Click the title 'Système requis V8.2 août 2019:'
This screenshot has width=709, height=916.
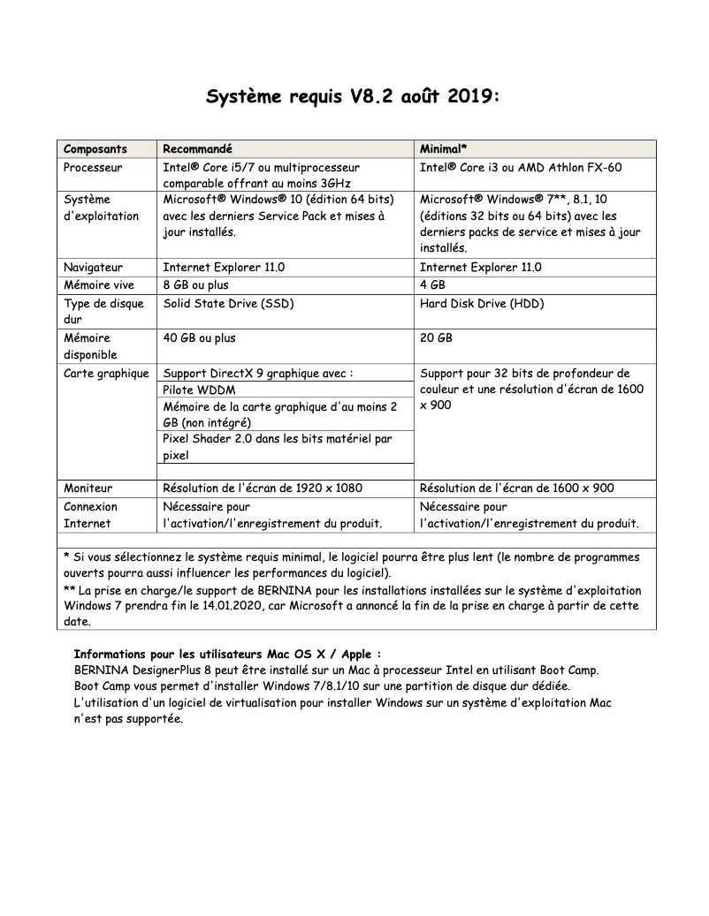tap(354, 95)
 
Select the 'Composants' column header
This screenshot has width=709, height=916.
tap(95, 149)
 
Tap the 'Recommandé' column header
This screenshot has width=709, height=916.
tap(198, 149)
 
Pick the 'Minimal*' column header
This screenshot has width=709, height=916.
tap(443, 149)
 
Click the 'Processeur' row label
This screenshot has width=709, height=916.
tap(93, 167)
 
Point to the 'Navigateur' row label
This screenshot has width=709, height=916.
tap(93, 268)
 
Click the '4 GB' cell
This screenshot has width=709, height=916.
tap(432, 285)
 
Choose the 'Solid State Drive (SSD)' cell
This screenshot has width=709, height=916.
tap(228, 303)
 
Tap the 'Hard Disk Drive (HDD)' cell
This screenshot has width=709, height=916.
tap(482, 303)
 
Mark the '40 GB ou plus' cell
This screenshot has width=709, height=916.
tap(200, 337)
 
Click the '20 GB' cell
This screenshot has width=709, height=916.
tap(436, 337)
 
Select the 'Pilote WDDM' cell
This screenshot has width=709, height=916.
tap(199, 390)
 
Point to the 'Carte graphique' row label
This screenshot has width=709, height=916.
tap(106, 373)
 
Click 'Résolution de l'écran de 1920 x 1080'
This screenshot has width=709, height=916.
tap(263, 488)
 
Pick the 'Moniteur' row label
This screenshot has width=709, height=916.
tap(88, 488)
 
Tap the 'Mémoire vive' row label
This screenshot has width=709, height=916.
tap(99, 285)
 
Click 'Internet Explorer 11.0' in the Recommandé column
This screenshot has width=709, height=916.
tap(224, 268)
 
